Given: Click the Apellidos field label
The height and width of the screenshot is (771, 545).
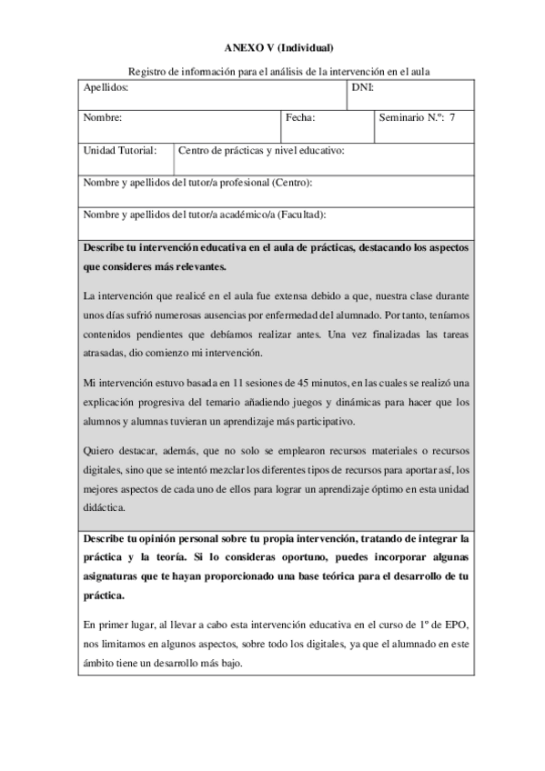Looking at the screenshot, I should tap(106, 88).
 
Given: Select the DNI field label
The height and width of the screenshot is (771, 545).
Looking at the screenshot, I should tap(362, 88).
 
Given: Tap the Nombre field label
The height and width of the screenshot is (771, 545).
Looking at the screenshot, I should tap(103, 118).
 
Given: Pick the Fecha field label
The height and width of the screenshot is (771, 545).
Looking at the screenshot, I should tap(300, 118).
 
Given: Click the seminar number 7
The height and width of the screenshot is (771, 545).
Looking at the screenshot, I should tap(453, 118).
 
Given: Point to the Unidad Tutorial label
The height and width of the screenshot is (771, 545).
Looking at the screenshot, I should tap(120, 150).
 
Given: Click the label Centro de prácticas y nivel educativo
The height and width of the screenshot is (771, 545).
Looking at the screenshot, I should tap(262, 150).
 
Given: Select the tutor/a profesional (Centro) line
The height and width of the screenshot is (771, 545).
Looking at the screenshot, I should tap(198, 183).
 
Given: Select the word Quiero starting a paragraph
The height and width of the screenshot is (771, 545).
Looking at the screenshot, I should tap(99, 449).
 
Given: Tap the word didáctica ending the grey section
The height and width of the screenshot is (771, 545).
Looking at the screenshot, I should tap(106, 507).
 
